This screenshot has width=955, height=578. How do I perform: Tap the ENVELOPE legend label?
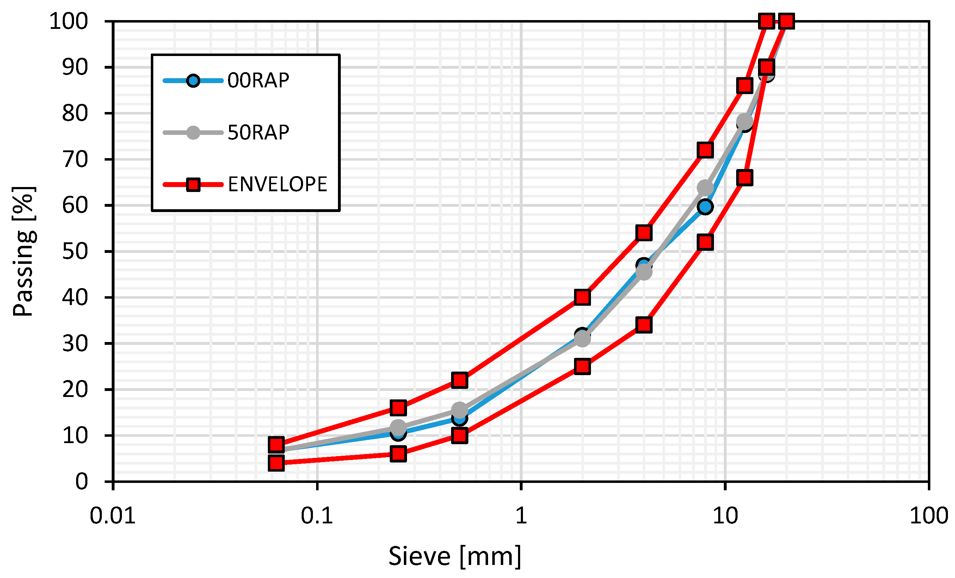(277, 185)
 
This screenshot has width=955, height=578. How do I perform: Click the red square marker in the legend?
(193, 185)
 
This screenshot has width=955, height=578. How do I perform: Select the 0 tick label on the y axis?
(81, 482)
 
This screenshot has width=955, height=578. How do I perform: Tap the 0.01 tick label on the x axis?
(112, 516)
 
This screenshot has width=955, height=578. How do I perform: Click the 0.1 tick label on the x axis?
(317, 516)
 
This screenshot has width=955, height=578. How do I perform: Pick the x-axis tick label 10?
(725, 516)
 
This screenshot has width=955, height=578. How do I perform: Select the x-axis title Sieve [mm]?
(455, 556)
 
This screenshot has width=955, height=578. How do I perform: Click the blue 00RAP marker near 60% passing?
(705, 207)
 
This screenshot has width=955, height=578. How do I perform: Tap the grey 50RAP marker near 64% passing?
(705, 188)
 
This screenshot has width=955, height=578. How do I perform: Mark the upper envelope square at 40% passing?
(583, 297)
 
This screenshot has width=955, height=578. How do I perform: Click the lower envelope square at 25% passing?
(583, 366)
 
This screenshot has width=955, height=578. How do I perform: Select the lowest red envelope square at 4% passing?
(276, 463)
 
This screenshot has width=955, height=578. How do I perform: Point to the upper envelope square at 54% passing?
(644, 233)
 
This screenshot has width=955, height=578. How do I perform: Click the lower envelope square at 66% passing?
(745, 178)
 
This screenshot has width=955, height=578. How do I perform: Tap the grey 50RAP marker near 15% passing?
(459, 410)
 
